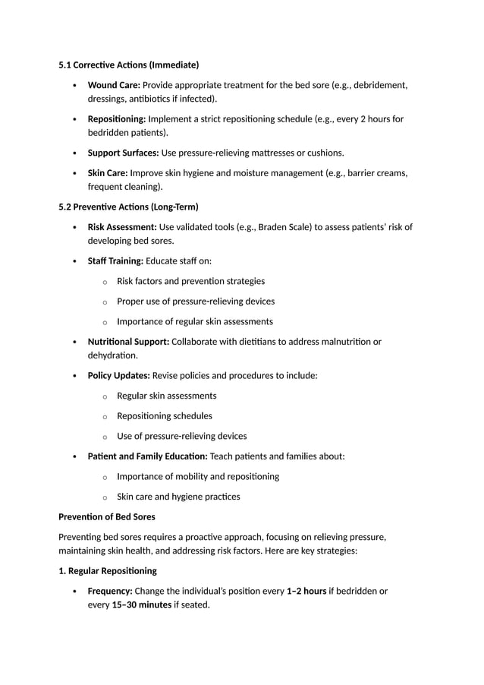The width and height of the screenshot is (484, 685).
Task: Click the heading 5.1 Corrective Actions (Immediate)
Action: pyautogui.click(x=129, y=65)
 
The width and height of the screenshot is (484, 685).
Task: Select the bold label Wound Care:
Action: pyautogui.click(x=114, y=85)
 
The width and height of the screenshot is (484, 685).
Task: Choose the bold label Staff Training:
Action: pyautogui.click(x=115, y=261)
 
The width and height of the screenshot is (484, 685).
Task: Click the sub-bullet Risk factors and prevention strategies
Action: pyautogui.click(x=190, y=281)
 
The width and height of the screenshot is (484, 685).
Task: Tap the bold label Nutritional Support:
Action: pyautogui.click(x=128, y=342)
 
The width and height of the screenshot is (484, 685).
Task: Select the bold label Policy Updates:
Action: pyautogui.click(x=118, y=376)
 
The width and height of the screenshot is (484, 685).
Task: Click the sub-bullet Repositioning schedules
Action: pyautogui.click(x=164, y=416)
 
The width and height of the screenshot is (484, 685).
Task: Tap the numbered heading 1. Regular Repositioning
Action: pyautogui.click(x=108, y=570)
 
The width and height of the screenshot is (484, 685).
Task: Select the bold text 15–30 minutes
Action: pyautogui.click(x=141, y=605)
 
